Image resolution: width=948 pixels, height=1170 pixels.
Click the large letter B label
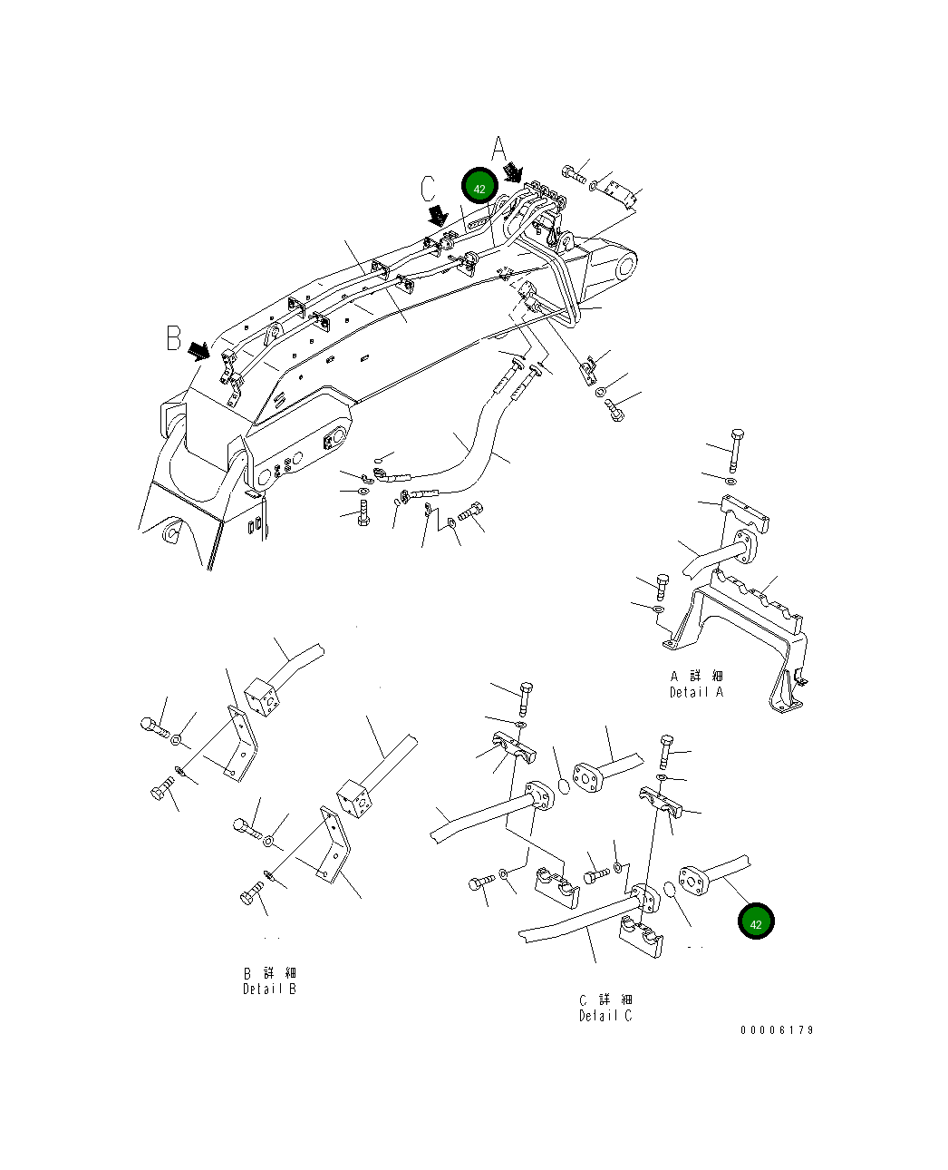[x=173, y=337]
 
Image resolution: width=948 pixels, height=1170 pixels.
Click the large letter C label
[x=429, y=189]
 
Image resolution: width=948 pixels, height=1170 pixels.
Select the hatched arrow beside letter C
[x=438, y=215]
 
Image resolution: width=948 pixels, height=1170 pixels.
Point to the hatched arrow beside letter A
[x=513, y=171]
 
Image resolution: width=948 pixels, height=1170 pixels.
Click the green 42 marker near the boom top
[x=479, y=188]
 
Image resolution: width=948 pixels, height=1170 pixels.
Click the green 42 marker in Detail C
[x=756, y=922]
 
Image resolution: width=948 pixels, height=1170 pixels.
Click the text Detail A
[x=696, y=692]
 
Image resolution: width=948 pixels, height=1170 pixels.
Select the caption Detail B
[x=268, y=989]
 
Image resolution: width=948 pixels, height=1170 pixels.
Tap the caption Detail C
[x=605, y=1016]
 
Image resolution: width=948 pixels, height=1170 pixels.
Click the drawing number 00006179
[x=777, y=1030]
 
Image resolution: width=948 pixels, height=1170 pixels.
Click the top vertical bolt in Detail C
[x=525, y=697]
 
